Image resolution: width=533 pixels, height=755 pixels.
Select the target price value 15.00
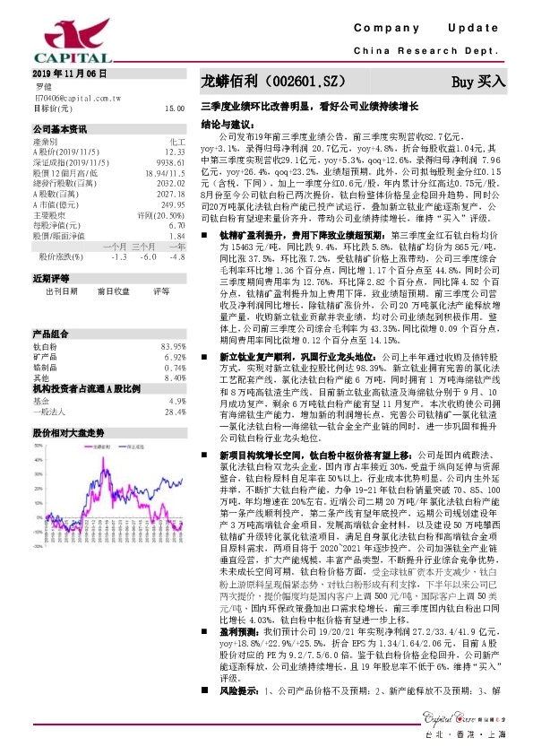175,108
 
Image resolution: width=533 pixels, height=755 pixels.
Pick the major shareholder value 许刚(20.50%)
161,215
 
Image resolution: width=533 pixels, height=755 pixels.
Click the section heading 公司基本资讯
59,127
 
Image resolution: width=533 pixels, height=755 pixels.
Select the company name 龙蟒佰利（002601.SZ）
272,82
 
